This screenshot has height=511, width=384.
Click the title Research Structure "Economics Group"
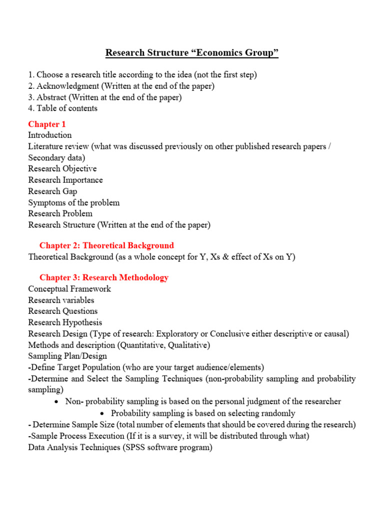(191, 53)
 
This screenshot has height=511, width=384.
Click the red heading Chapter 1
(47, 124)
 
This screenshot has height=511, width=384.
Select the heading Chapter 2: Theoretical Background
(106, 245)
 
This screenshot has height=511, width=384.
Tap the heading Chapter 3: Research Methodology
(104, 277)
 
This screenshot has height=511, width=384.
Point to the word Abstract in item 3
(51, 97)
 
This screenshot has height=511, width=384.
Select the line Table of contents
(62, 108)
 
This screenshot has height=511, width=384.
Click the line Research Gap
(52, 191)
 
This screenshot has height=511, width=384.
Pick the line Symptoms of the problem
(73, 203)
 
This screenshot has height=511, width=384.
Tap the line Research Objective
(62, 169)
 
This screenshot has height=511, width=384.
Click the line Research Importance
(65, 180)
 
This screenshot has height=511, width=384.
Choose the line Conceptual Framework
(69, 289)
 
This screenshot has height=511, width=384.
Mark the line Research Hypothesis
(65, 322)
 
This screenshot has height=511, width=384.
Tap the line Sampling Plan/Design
(67, 356)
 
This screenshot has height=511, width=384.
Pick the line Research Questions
(63, 311)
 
